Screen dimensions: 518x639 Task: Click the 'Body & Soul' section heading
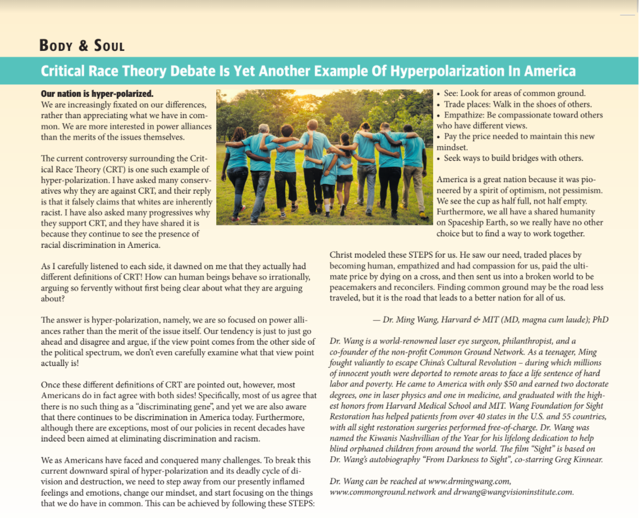pyautogui.click(x=82, y=45)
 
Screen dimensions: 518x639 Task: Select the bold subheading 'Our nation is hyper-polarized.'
pyautogui.click(x=97, y=94)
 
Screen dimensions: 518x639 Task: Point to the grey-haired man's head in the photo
pyautogui.click(x=264, y=129)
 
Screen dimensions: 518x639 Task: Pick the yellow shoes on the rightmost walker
pyautogui.click(x=423, y=217)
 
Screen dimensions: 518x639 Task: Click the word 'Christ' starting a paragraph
pyautogui.click(x=342, y=255)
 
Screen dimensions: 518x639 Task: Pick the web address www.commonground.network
pyautogui.click(x=383, y=492)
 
